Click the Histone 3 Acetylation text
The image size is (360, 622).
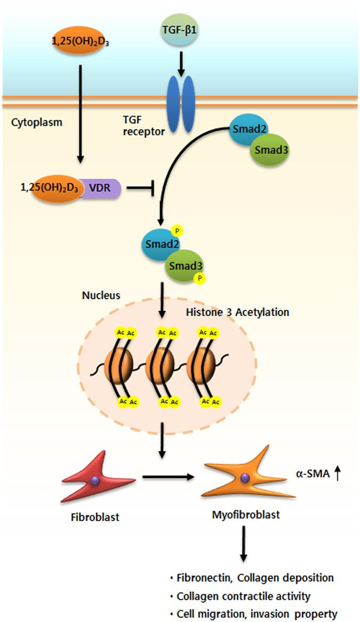coord(237,312)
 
